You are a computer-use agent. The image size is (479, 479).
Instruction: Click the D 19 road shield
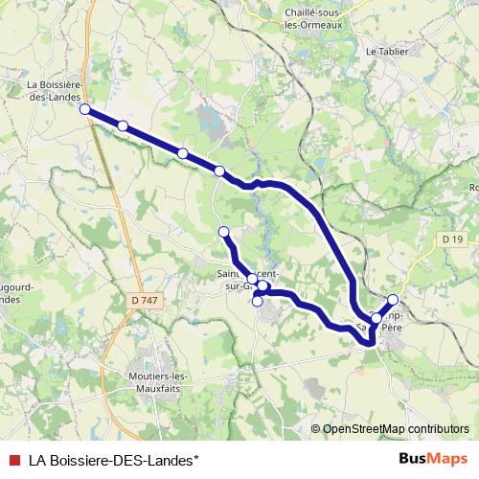coord(453,238)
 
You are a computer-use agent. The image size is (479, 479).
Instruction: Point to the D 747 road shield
coord(144,301)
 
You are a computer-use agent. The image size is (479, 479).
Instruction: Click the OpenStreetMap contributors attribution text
coord(390,429)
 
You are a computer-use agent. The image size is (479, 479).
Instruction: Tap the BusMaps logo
coord(433,459)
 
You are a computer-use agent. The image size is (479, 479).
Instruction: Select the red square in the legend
coord(14,459)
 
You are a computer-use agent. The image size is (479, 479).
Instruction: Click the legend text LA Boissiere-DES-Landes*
coord(106,459)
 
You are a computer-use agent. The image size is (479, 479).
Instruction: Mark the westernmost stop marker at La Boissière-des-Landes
coord(85,109)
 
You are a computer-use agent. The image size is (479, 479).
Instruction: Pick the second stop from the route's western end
coord(123,125)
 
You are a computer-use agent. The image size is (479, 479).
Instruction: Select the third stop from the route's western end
coord(182,153)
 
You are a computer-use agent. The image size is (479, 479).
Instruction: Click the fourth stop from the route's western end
coord(219,171)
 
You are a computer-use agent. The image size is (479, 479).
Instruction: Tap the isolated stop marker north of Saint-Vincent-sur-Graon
coord(224,232)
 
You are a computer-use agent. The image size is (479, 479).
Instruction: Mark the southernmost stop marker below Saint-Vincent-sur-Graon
coord(257,302)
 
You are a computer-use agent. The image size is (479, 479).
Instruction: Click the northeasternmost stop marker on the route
coord(393,300)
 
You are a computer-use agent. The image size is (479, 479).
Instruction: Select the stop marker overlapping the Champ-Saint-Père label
coord(376,318)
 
